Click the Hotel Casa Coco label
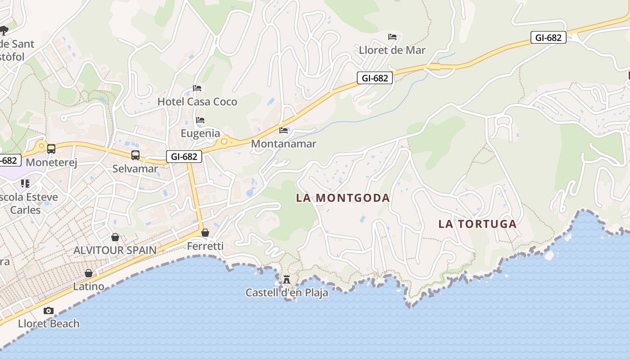pyautogui.click(x=197, y=102)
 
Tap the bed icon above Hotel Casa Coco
pyautogui.click(x=197, y=88)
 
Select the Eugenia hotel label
pyautogui.click(x=200, y=133)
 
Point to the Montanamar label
pyautogui.click(x=283, y=144)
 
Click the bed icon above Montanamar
pyautogui.click(x=283, y=130)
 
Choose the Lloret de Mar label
pyautogui.click(x=392, y=50)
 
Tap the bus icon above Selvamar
pyautogui.click(x=135, y=155)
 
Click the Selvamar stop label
pyautogui.click(x=135, y=169)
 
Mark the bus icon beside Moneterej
pyautogui.click(x=51, y=149)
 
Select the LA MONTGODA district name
pyautogui.click(x=343, y=198)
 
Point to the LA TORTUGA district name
pyautogui.click(x=477, y=224)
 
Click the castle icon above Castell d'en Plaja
pyautogui.click(x=287, y=279)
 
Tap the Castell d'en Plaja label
pyautogui.click(x=287, y=293)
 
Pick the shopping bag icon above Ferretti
pyautogui.click(x=205, y=233)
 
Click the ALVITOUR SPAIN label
pyautogui.click(x=115, y=250)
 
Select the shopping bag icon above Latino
pyautogui.click(x=89, y=273)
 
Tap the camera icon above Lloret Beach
pyautogui.click(x=49, y=310)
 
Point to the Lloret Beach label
pyautogui.click(x=49, y=324)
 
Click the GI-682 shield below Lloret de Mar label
pyautogui.click(x=375, y=78)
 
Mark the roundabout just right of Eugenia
pyautogui.click(x=223, y=142)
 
